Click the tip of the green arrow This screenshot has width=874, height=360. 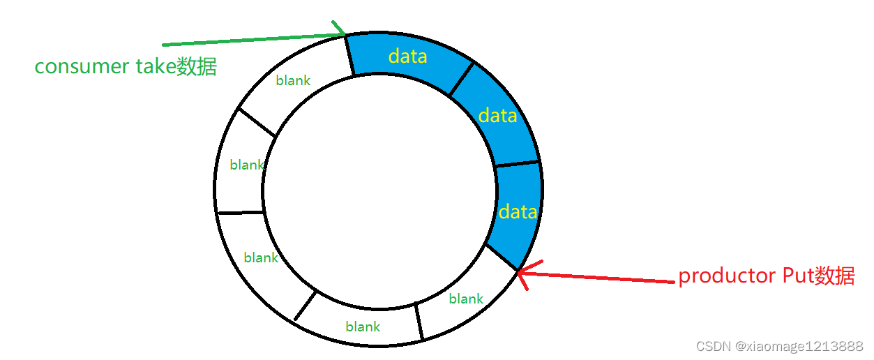[x=345, y=33]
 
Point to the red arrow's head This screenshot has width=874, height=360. [x=521, y=272]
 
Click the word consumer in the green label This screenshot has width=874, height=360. [x=82, y=66]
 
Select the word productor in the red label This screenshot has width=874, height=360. [x=722, y=276]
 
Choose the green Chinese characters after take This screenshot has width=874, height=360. [x=197, y=66]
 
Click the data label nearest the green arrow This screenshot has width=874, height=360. [x=408, y=56]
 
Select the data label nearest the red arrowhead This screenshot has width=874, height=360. [x=518, y=211]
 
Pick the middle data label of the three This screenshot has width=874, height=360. [x=498, y=115]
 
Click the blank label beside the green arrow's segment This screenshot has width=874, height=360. [x=293, y=80]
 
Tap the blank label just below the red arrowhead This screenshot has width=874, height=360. [x=466, y=299]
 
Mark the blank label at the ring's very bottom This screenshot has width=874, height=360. [x=363, y=327]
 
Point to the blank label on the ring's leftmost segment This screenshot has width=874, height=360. [x=247, y=165]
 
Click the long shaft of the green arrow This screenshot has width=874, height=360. [x=251, y=38]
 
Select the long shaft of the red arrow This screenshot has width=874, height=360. [x=600, y=277]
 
